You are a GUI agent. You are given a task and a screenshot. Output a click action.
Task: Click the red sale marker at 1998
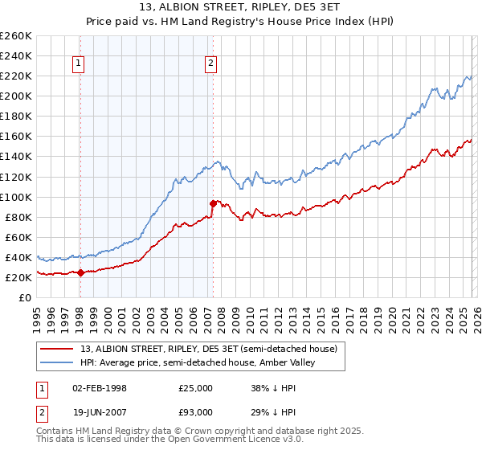(x=80, y=272)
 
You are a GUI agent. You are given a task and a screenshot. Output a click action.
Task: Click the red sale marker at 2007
(x=213, y=203)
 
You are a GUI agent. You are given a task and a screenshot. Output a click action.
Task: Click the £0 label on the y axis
(x=24, y=297)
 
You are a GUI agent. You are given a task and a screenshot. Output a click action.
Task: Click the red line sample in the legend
(x=58, y=349)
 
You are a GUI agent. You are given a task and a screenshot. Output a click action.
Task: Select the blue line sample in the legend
(x=58, y=362)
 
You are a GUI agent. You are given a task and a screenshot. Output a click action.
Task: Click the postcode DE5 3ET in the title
(x=308, y=10)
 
